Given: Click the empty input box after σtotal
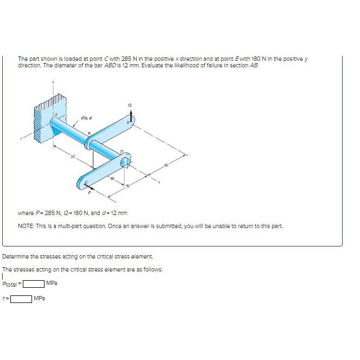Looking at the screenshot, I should [33, 283].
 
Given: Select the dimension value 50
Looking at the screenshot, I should [129, 186].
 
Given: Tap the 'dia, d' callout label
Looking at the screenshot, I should [86, 117].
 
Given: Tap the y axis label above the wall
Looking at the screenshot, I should [53, 84].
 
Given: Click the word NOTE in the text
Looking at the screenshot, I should [27, 226].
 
